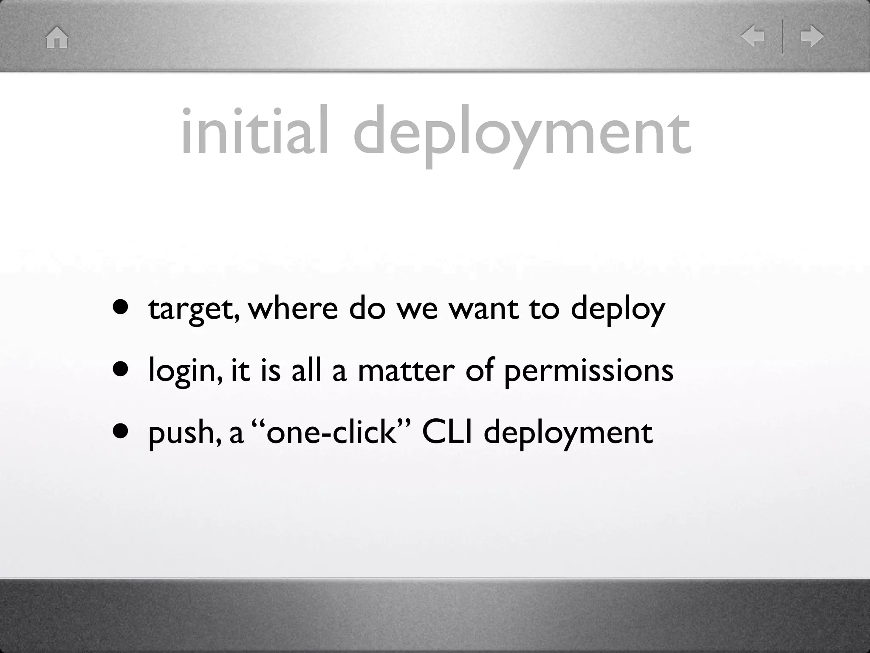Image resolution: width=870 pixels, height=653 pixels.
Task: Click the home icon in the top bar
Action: [57, 37]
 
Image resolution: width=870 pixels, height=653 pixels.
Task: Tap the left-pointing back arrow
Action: [752, 37]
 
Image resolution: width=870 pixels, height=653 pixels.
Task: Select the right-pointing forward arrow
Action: [812, 37]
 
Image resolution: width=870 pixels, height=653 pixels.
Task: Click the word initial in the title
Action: [254, 132]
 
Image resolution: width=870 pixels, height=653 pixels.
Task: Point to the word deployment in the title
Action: [522, 133]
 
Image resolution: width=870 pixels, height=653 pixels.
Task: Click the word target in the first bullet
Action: [193, 309]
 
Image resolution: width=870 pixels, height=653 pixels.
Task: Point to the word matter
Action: [407, 370]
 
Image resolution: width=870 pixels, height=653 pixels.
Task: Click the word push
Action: [184, 433]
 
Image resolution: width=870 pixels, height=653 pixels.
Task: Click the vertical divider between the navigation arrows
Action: [782, 37]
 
